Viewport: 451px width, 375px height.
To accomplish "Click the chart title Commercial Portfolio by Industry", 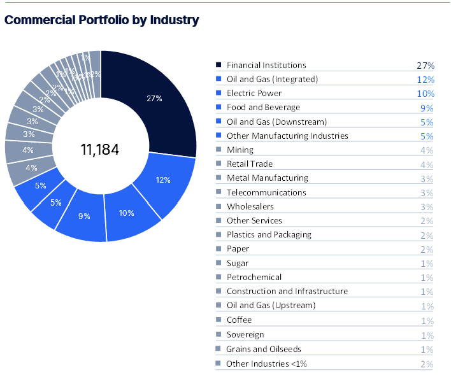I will click(101, 20).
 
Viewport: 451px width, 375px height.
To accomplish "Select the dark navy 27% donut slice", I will click(154, 99).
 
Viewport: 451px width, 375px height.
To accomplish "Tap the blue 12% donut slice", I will click(163, 180).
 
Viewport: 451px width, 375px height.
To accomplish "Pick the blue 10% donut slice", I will click(127, 213).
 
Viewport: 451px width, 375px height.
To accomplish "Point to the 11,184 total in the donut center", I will click(100, 150).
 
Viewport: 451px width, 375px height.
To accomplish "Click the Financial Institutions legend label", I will click(266, 65).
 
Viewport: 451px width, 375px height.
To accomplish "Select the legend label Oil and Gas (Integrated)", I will click(272, 79).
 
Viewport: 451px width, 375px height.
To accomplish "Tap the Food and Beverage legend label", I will click(263, 108).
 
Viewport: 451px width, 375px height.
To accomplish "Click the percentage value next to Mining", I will click(426, 150).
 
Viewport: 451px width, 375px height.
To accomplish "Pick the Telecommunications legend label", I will click(266, 192).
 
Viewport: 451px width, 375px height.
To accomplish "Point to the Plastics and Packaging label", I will click(269, 235).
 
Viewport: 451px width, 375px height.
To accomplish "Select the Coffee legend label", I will click(239, 320).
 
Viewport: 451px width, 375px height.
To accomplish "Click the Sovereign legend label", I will click(245, 334).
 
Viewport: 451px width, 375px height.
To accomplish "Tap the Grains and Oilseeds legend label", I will click(264, 349).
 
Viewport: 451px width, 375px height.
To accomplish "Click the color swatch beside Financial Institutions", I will click(218, 65).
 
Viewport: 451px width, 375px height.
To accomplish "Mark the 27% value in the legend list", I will click(426, 66).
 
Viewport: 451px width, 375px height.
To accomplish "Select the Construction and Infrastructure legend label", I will click(287, 292).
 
